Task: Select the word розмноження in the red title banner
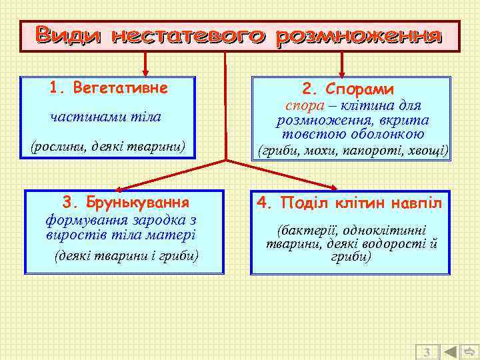[x=360, y=35]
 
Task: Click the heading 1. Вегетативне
[x=108, y=88]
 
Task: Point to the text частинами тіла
[x=106, y=117]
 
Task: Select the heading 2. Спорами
[x=347, y=89]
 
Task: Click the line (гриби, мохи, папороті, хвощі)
[x=353, y=151]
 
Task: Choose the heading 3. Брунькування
[x=125, y=201]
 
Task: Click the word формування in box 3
[x=81, y=219]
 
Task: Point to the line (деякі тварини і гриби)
[x=125, y=255]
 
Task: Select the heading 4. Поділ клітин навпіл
[x=349, y=201]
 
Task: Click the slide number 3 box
[x=427, y=351]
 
